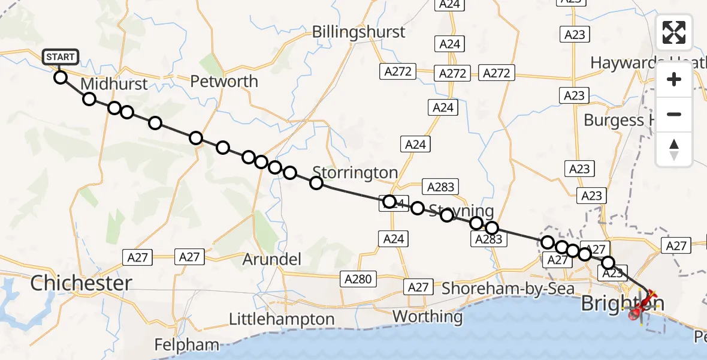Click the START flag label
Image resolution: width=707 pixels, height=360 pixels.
click(x=61, y=58)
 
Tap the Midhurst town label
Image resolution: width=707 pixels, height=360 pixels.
click(x=114, y=83)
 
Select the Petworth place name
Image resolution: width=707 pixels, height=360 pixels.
click(x=224, y=81)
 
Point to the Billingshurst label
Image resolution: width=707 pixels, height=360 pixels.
click(x=359, y=32)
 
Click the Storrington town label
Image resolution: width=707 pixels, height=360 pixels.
click(x=355, y=173)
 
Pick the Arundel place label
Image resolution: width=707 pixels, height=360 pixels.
click(x=272, y=260)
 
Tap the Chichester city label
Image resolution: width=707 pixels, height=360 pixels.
click(x=81, y=283)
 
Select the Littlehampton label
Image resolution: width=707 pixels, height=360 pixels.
click(x=282, y=319)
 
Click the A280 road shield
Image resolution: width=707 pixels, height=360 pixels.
click(x=359, y=278)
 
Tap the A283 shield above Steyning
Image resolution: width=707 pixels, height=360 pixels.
click(x=440, y=187)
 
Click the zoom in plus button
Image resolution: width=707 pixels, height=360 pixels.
click(x=674, y=79)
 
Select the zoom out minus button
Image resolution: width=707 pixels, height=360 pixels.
click(x=674, y=114)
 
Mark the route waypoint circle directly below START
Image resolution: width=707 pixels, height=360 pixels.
click(x=61, y=77)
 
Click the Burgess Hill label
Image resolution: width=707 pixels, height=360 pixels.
click(x=621, y=120)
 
